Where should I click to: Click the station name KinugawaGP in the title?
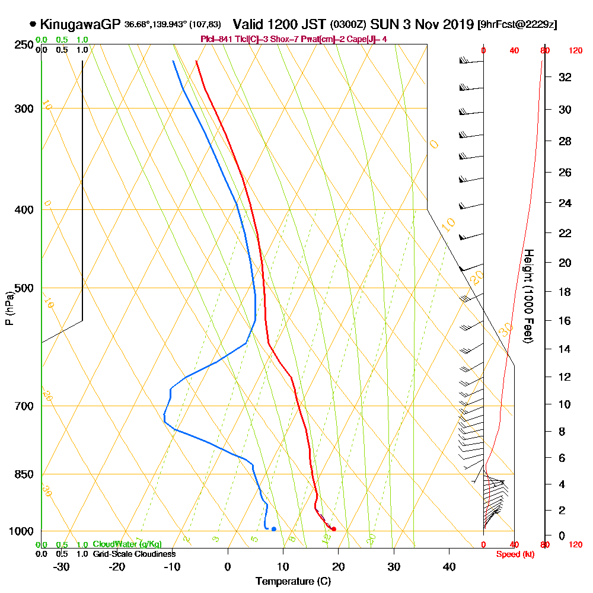[x=81, y=24]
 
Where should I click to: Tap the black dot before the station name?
[x=33, y=24]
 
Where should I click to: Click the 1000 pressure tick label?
[x=21, y=531]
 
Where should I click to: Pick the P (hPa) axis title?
[x=9, y=308]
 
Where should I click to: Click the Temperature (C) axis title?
[x=293, y=582]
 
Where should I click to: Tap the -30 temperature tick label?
[x=61, y=567]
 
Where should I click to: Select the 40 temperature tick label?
[x=449, y=567]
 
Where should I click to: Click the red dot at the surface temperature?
[x=334, y=529]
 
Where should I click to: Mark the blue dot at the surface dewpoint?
[x=273, y=528]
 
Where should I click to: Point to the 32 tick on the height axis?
[x=565, y=77]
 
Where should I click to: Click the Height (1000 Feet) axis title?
[x=527, y=296]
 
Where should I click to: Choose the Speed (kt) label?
[x=514, y=554]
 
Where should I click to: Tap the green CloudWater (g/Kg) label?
[x=127, y=544]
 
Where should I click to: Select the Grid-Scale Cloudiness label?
[x=134, y=554]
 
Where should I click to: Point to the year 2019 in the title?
[x=457, y=24]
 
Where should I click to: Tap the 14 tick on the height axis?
[x=565, y=349]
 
